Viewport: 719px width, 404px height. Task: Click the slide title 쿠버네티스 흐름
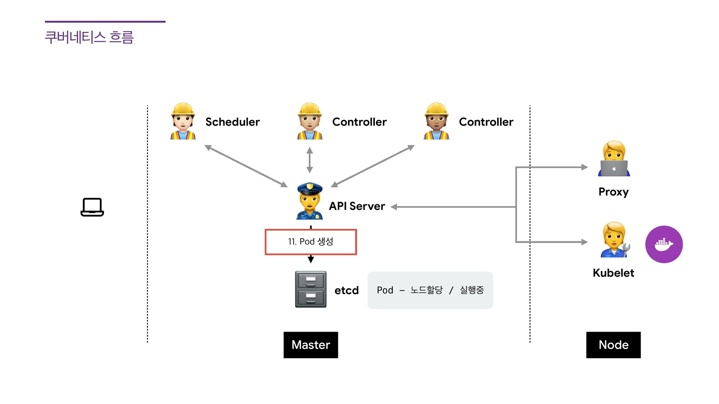89,37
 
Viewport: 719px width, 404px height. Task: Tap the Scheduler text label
232,122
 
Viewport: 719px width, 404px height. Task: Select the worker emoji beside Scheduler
183,121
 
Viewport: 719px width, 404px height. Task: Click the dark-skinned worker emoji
436,121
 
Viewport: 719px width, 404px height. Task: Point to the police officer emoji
309,201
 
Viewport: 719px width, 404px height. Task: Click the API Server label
357,206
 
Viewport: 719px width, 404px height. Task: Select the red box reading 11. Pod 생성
311,242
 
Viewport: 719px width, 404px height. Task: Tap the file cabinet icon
311,289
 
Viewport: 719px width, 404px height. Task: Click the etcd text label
346,290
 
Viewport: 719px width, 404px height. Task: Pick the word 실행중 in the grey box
472,290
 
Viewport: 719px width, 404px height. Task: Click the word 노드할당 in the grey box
427,290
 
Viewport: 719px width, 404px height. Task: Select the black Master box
311,345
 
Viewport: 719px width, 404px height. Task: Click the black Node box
613,345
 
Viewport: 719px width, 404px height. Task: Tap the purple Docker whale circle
664,244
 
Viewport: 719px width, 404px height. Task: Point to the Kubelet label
613,273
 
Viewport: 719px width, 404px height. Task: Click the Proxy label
613,192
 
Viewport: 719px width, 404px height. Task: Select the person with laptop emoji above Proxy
614,159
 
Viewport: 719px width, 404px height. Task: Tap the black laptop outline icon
92,207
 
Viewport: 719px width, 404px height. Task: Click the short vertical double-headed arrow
310,160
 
